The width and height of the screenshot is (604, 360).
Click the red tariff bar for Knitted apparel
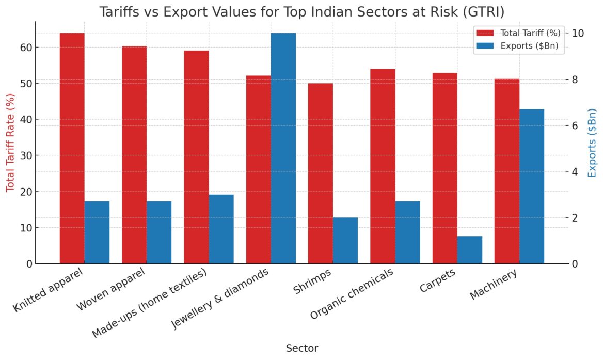point(72,148)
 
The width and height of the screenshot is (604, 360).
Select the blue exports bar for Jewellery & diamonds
point(283,148)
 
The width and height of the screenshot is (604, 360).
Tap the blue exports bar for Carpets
point(469,250)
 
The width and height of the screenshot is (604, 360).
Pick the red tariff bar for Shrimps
point(321,174)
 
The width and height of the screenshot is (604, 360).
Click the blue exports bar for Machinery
point(532,186)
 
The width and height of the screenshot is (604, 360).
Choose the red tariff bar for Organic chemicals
point(383,166)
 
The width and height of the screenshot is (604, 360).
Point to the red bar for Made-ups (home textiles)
point(196,157)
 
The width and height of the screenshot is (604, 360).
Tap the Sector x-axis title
point(302,349)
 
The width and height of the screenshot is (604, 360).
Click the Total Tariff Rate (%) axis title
point(10,142)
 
